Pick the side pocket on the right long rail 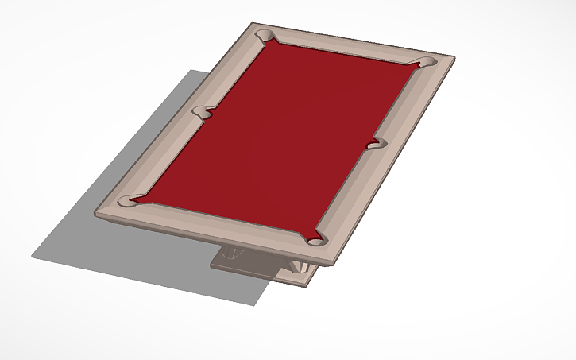[377, 143]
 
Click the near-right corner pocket [316, 239]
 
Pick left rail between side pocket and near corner [163, 158]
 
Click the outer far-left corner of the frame [253, 23]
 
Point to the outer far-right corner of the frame [454, 56]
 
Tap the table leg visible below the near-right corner [302, 266]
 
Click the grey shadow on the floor [119, 246]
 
